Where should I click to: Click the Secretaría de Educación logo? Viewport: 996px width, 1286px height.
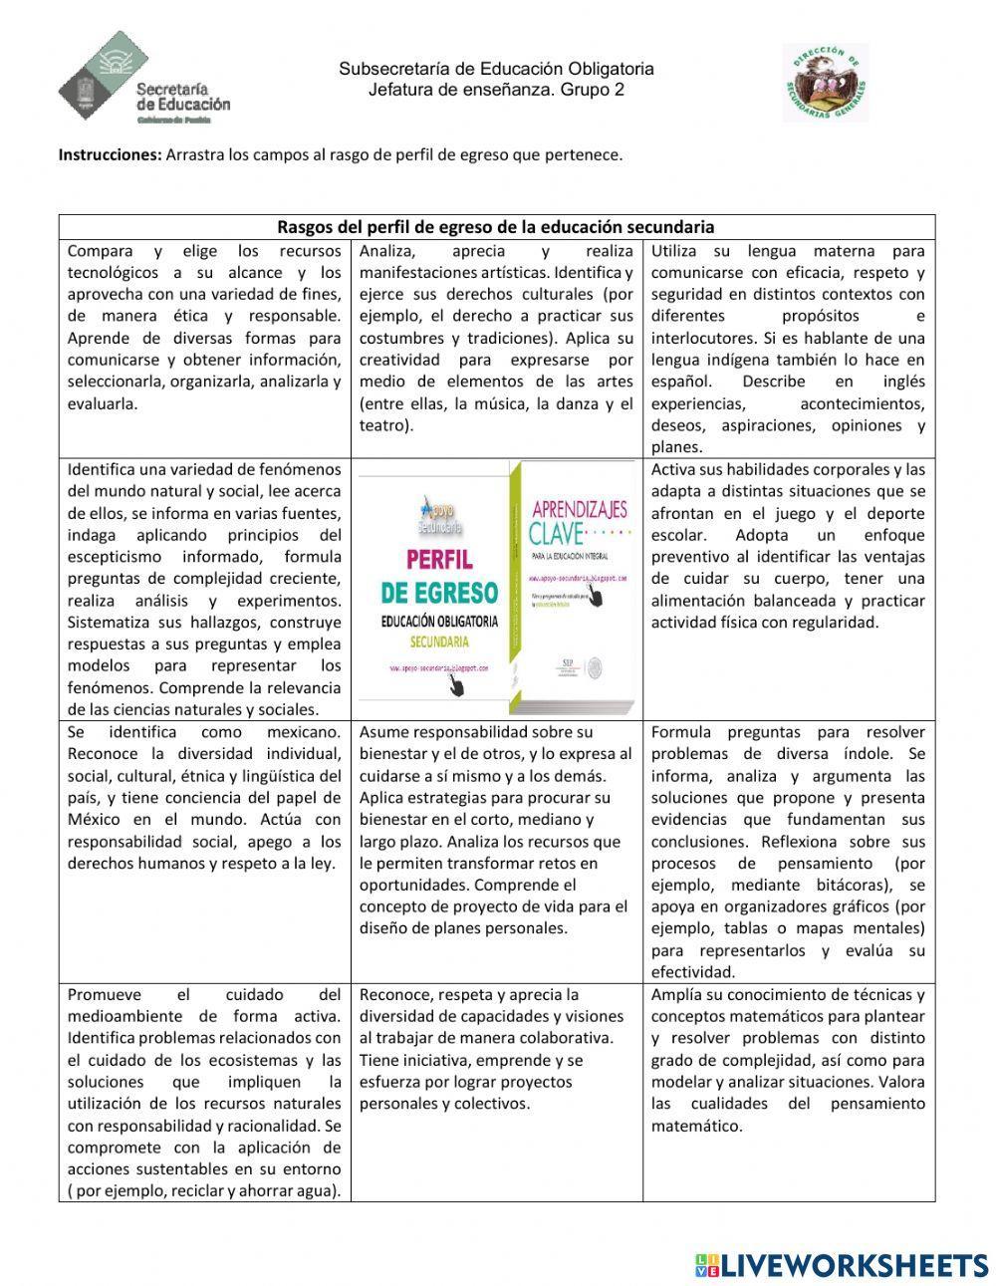click(144, 78)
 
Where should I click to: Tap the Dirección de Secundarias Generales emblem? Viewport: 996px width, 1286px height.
click(826, 83)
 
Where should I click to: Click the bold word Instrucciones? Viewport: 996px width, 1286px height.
click(110, 155)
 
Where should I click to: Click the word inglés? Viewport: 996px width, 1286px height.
click(902, 382)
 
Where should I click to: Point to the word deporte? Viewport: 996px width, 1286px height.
click(889, 513)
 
